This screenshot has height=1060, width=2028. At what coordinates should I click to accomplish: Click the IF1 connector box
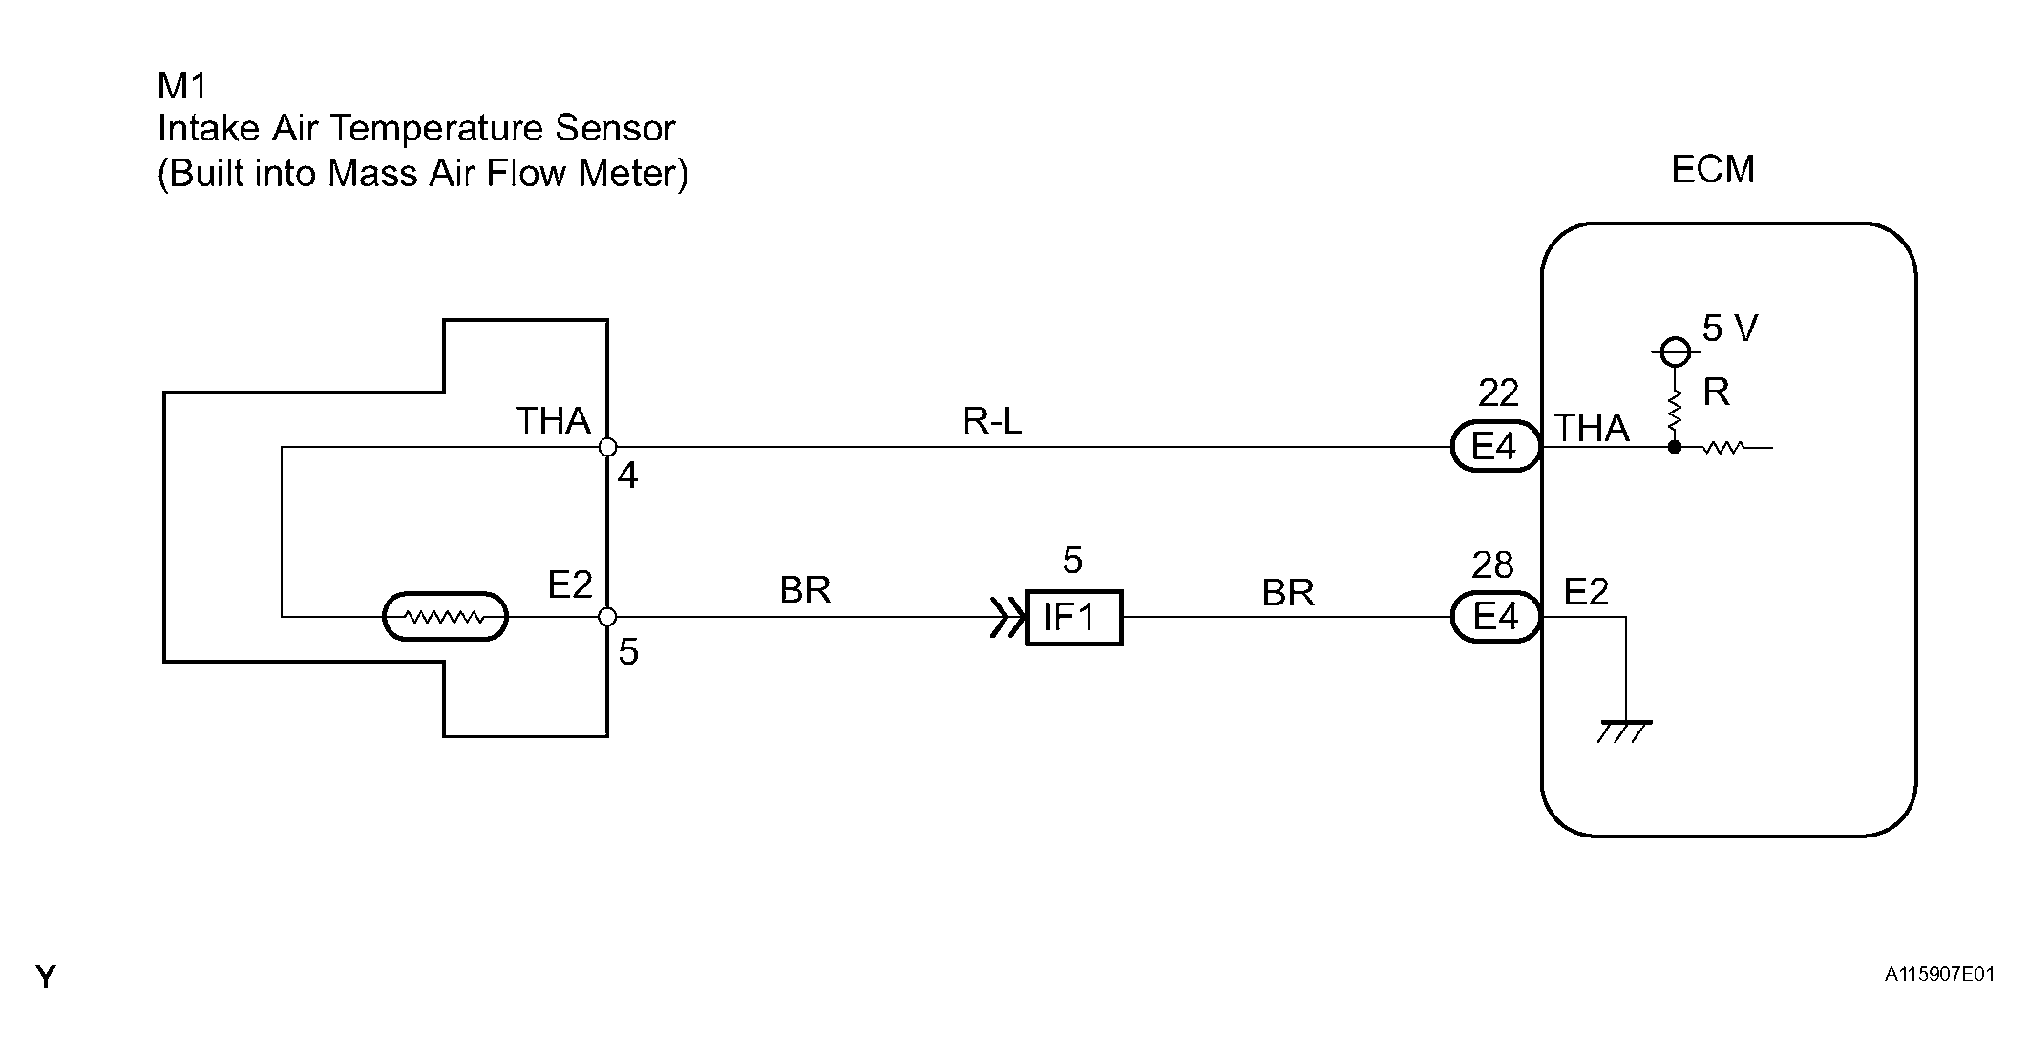click(1074, 618)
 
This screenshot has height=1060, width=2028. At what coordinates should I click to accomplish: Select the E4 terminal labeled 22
click(1495, 447)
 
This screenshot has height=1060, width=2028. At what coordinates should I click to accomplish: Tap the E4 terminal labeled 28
click(1495, 617)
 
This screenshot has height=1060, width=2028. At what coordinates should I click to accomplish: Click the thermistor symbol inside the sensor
click(445, 617)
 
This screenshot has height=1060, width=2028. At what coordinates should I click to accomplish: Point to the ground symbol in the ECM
click(1625, 731)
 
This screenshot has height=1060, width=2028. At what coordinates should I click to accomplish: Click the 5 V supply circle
click(1674, 352)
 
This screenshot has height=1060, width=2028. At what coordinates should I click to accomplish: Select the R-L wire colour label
click(992, 421)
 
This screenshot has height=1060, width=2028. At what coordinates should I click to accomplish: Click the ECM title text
click(1713, 169)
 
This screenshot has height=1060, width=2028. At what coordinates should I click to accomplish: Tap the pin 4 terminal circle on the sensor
click(607, 447)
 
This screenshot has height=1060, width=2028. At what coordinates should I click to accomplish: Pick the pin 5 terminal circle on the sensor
click(607, 617)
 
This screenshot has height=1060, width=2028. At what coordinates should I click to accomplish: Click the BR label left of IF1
click(805, 590)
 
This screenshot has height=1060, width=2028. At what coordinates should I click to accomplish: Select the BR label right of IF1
click(1288, 593)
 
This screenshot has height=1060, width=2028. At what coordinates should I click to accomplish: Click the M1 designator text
click(182, 86)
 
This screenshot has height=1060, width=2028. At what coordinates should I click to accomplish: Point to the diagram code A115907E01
click(1939, 975)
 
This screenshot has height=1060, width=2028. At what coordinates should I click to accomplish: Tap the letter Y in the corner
click(46, 977)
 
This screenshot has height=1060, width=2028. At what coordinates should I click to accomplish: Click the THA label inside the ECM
click(1593, 428)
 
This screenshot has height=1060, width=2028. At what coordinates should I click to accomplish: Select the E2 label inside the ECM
click(1586, 592)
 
